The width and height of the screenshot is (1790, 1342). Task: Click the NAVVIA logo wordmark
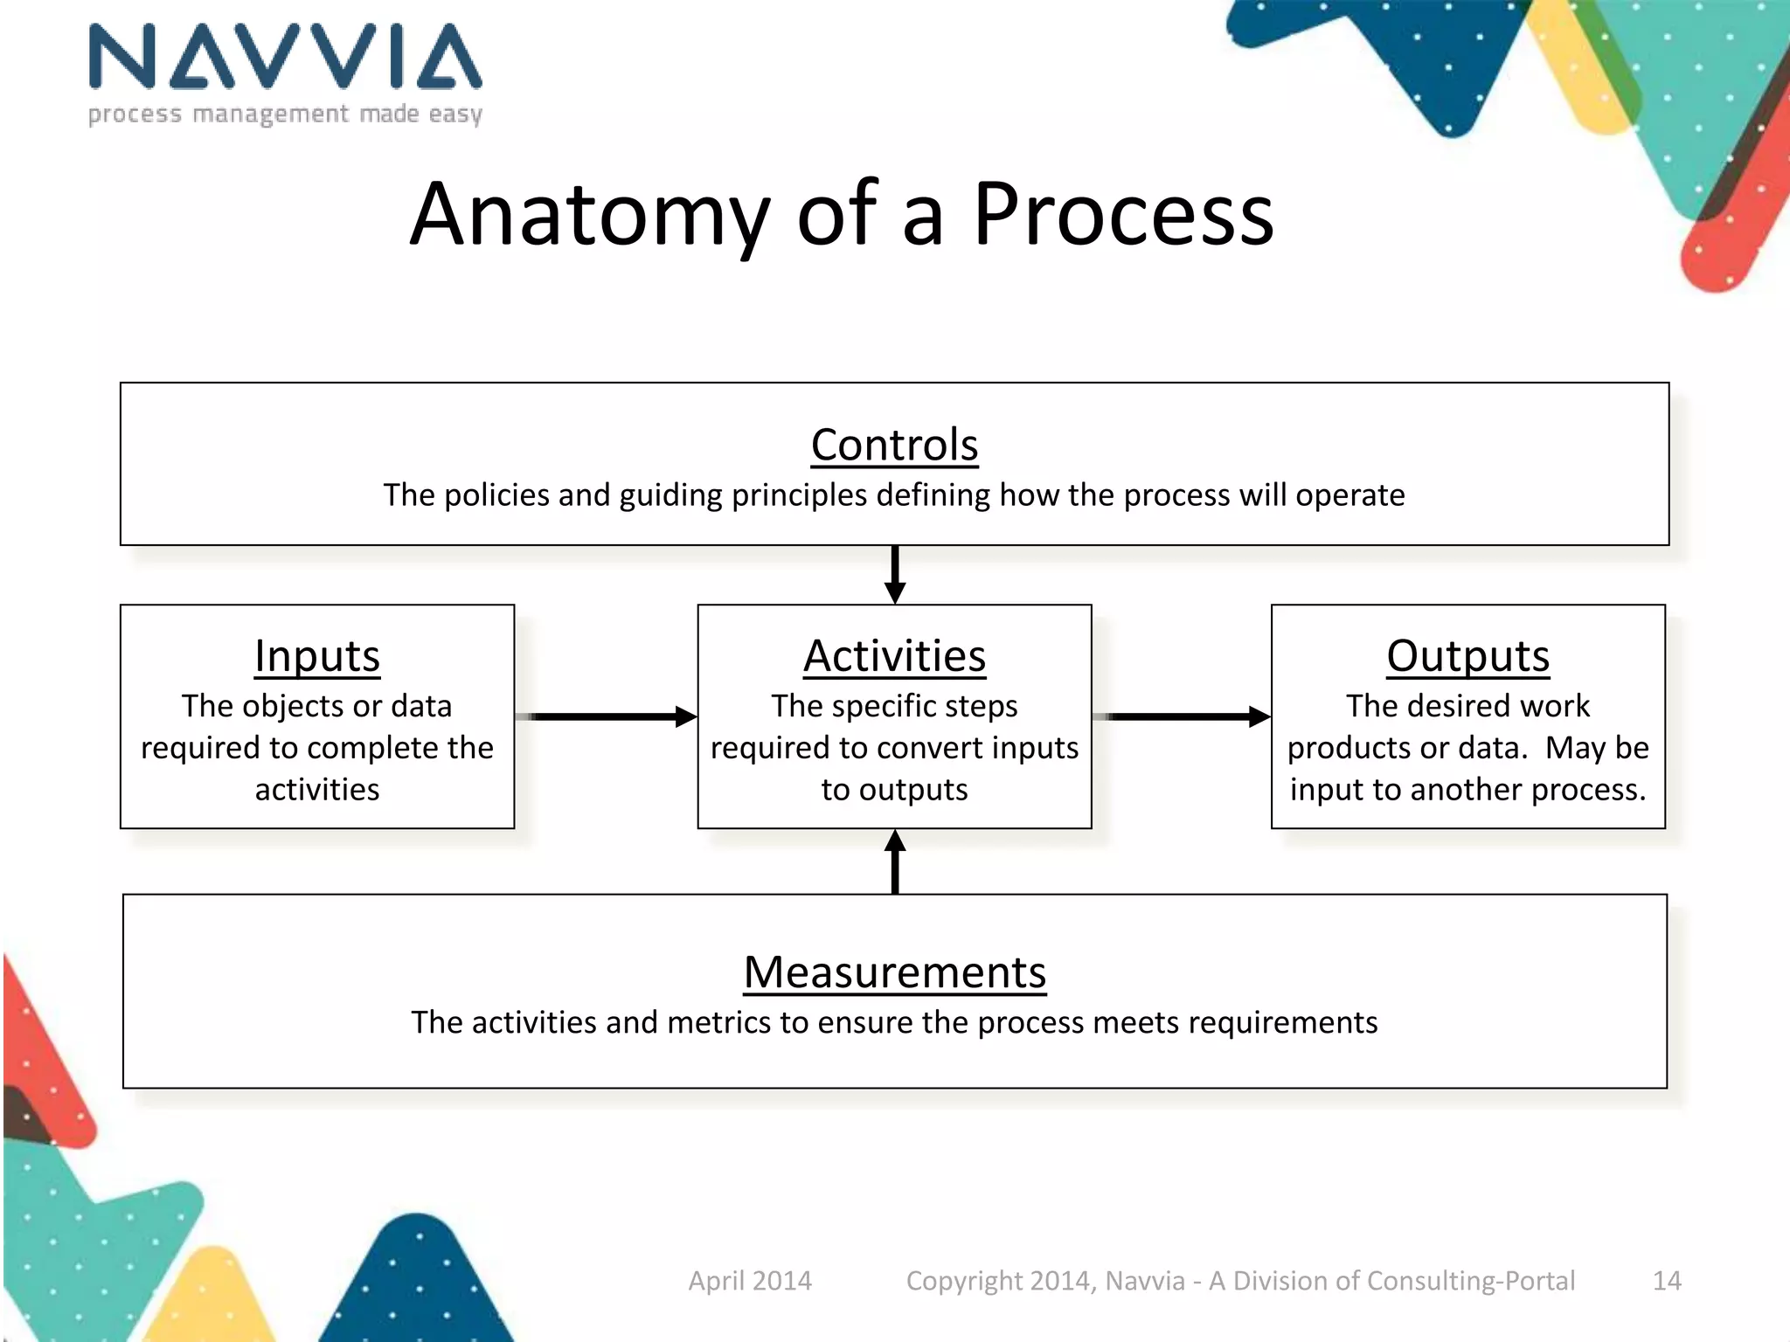285,58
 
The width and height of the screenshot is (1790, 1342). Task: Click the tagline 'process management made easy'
285,114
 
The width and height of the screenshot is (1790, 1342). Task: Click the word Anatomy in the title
590,214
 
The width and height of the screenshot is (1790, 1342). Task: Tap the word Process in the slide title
1123,214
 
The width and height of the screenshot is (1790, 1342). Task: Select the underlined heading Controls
894,445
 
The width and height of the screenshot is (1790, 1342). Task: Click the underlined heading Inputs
317,656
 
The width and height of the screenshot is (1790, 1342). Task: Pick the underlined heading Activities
894,656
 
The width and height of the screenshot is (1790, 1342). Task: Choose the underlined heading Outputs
1467,656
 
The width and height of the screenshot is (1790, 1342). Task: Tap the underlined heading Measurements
894,972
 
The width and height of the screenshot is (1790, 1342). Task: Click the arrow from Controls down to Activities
894,574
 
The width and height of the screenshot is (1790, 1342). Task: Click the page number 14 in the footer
1666,1281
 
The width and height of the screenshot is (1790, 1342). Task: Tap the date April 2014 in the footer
750,1281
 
